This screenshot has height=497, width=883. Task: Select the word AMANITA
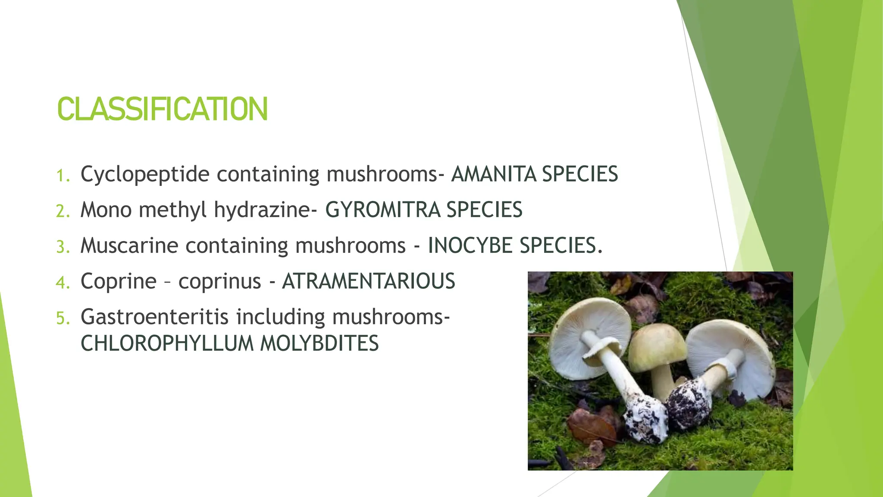coord(494,174)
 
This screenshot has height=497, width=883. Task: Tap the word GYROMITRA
coord(383,210)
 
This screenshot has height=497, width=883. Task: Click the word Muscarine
coord(129,246)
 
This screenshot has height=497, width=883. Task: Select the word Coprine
coord(119,281)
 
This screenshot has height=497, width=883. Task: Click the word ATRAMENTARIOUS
coord(369,281)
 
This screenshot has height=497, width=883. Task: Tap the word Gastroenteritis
coord(154,317)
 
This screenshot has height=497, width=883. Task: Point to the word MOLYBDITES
coord(319,344)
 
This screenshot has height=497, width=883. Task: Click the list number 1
coord(63,176)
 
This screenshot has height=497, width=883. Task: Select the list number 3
coord(63,247)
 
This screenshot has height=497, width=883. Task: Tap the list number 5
coord(63,319)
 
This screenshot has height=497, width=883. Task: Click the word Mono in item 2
coord(106,210)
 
